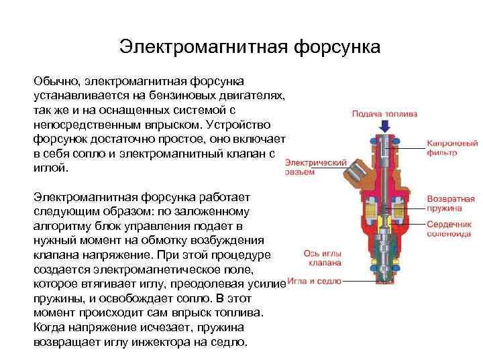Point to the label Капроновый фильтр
coord(451,148)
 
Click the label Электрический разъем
coord(316,166)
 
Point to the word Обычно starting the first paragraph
coord(56,81)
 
